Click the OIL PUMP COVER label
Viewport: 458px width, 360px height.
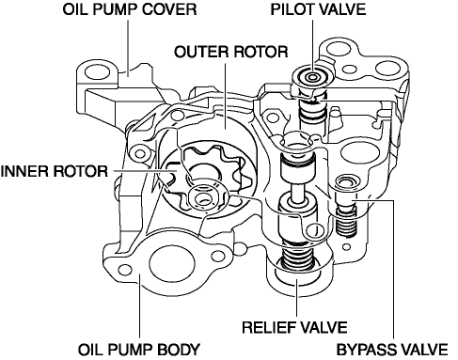click(130, 9)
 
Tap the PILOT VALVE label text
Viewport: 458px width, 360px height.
click(318, 9)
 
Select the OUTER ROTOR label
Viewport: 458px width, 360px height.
click(230, 52)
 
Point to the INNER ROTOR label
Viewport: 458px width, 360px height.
click(54, 171)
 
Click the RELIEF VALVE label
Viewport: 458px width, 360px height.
click(294, 327)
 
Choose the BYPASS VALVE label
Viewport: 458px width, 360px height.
click(392, 350)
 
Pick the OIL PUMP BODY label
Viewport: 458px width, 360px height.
click(138, 350)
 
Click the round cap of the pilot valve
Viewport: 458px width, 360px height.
click(312, 77)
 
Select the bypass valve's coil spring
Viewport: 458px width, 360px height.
click(346, 222)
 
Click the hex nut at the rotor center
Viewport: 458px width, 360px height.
click(204, 198)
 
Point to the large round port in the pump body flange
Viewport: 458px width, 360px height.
click(170, 263)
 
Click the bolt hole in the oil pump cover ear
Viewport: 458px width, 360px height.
click(97, 72)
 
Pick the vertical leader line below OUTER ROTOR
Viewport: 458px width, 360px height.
click(225, 96)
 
